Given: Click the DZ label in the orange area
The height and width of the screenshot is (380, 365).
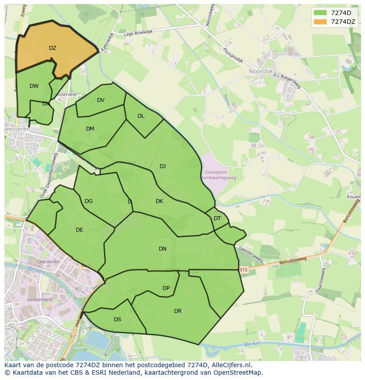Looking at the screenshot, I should (52, 48).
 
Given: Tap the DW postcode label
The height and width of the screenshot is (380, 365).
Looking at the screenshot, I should (34, 86).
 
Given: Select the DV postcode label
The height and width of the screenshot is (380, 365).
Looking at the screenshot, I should (101, 100).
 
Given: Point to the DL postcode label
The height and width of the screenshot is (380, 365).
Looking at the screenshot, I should (141, 116).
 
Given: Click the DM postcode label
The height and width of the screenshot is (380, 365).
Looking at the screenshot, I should (90, 129).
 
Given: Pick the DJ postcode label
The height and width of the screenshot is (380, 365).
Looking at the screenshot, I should (163, 166).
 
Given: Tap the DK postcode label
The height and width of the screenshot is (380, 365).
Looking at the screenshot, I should (159, 201).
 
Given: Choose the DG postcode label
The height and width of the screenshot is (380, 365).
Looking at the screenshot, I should (89, 201).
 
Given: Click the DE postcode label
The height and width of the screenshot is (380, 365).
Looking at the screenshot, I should (79, 230).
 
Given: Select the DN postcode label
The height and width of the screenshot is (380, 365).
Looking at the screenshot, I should (163, 249).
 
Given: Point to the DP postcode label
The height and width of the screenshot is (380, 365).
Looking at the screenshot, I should (166, 288).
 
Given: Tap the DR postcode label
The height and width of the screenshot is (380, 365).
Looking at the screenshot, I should (178, 311).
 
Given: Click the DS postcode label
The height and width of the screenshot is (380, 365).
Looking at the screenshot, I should (117, 320).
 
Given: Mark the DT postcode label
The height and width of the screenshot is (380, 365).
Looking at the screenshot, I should (217, 218).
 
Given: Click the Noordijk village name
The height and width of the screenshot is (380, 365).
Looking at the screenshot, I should (261, 71).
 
